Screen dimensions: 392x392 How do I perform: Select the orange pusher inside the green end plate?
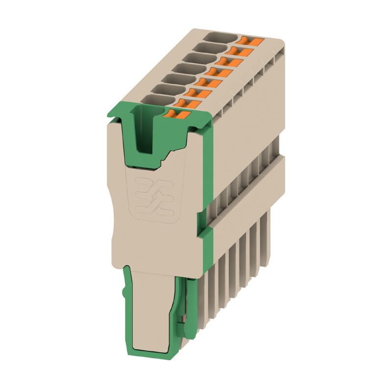(176, 115)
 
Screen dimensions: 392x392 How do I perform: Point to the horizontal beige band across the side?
(245, 196)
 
